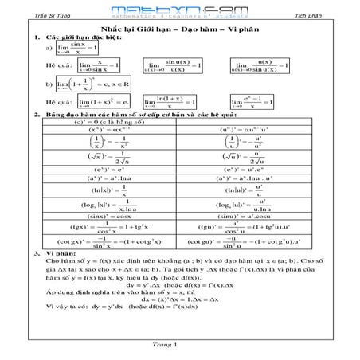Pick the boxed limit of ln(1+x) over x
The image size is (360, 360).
[170, 102]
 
